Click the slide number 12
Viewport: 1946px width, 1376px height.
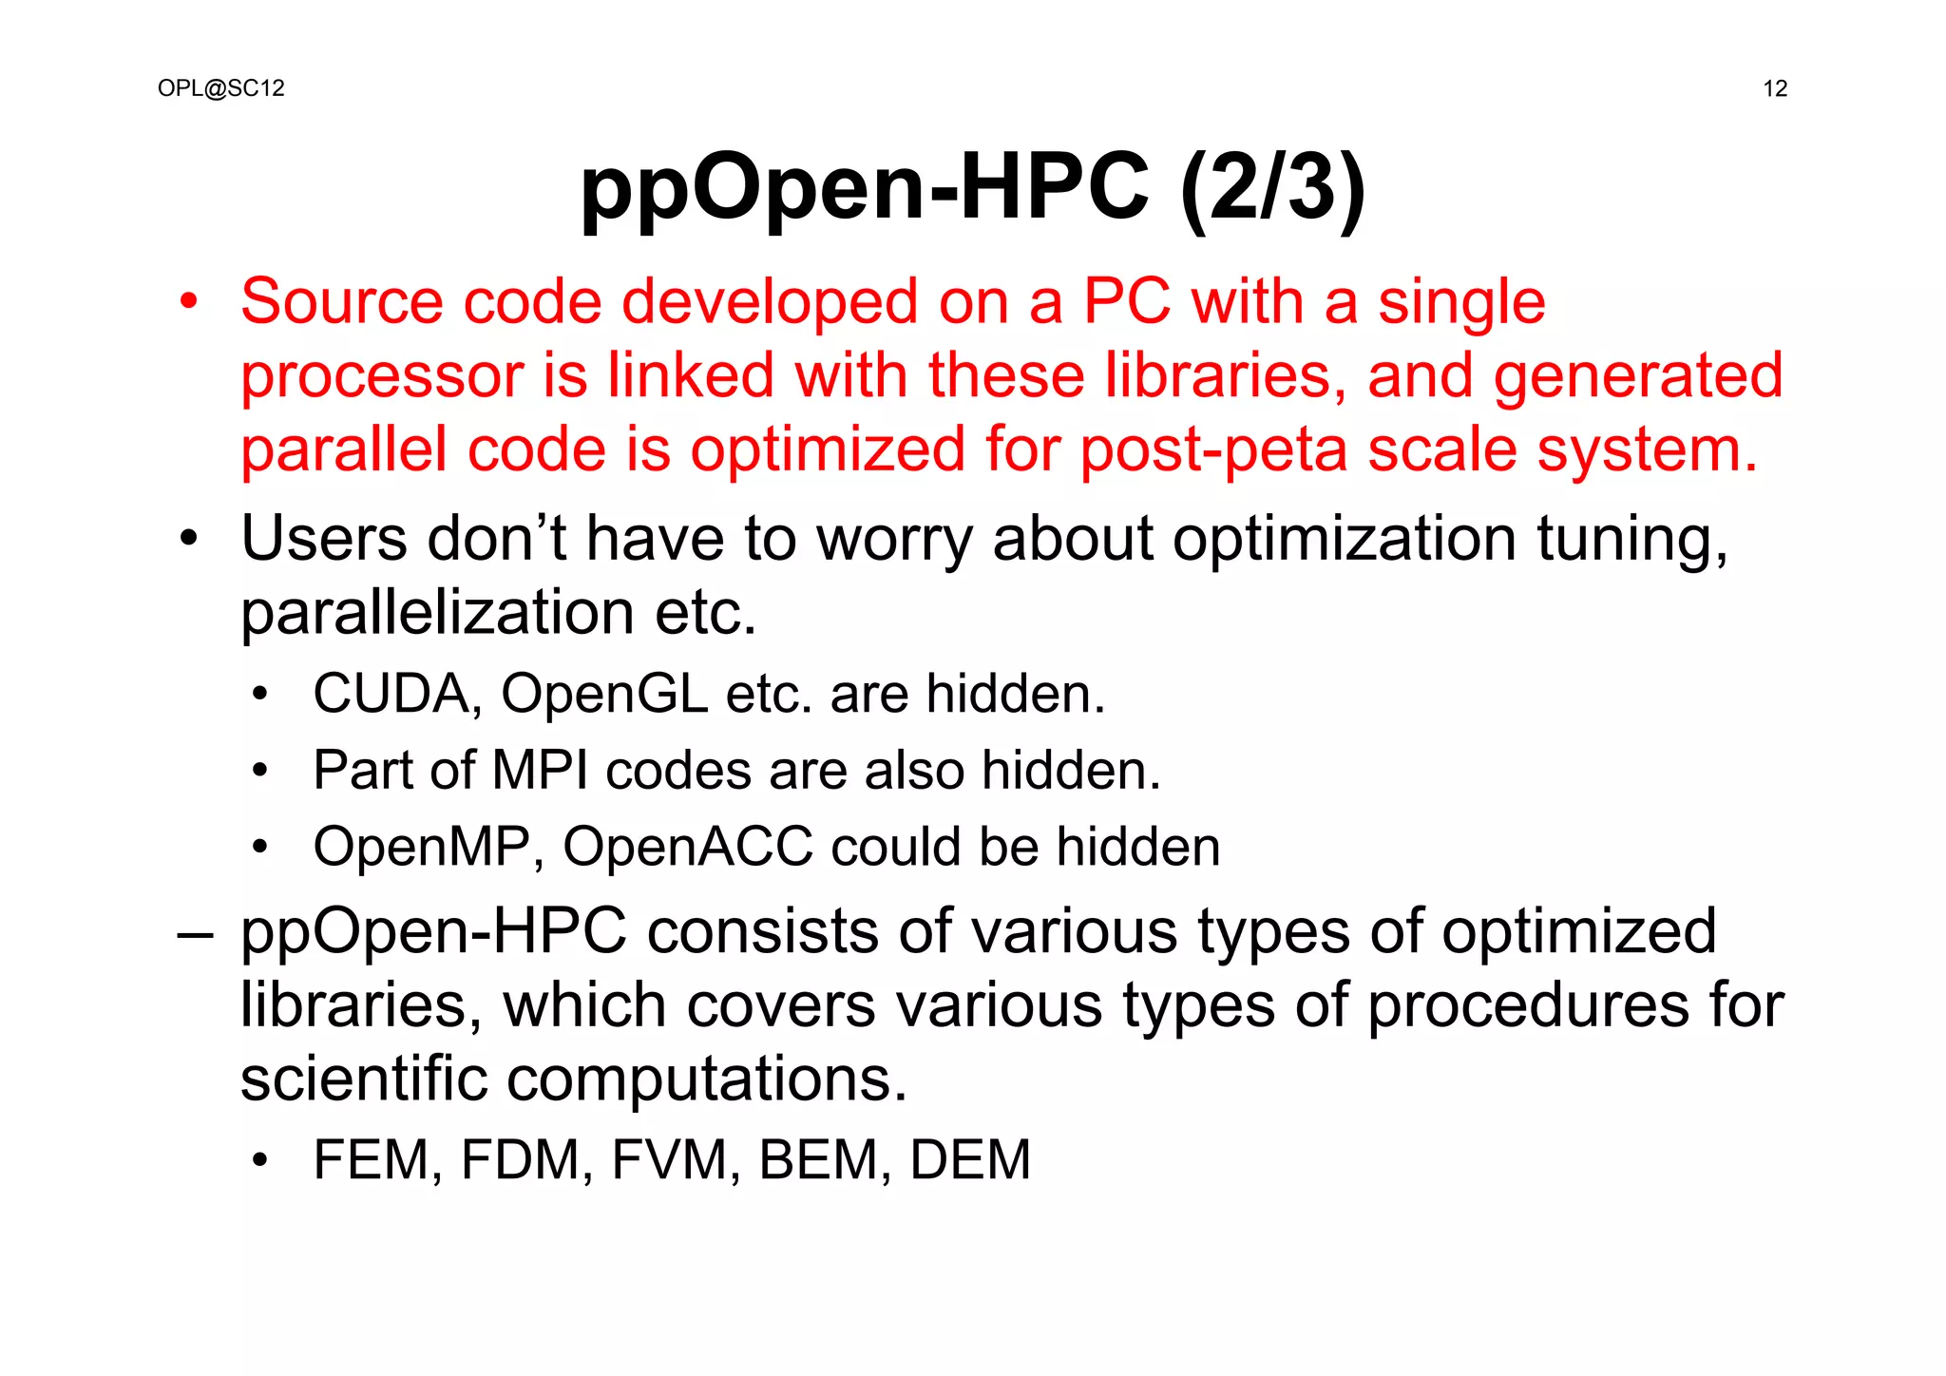pyautogui.click(x=1775, y=89)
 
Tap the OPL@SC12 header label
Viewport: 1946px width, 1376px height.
pyautogui.click(x=221, y=88)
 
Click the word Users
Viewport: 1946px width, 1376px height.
pyautogui.click(x=324, y=539)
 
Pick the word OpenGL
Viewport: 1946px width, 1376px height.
pyautogui.click(x=604, y=694)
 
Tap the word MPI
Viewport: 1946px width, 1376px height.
pyautogui.click(x=539, y=770)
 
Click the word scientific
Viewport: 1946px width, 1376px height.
pyautogui.click(x=363, y=1079)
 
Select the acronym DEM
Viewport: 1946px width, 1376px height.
pyautogui.click(x=969, y=1160)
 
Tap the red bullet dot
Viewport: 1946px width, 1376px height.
pyautogui.click(x=189, y=302)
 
